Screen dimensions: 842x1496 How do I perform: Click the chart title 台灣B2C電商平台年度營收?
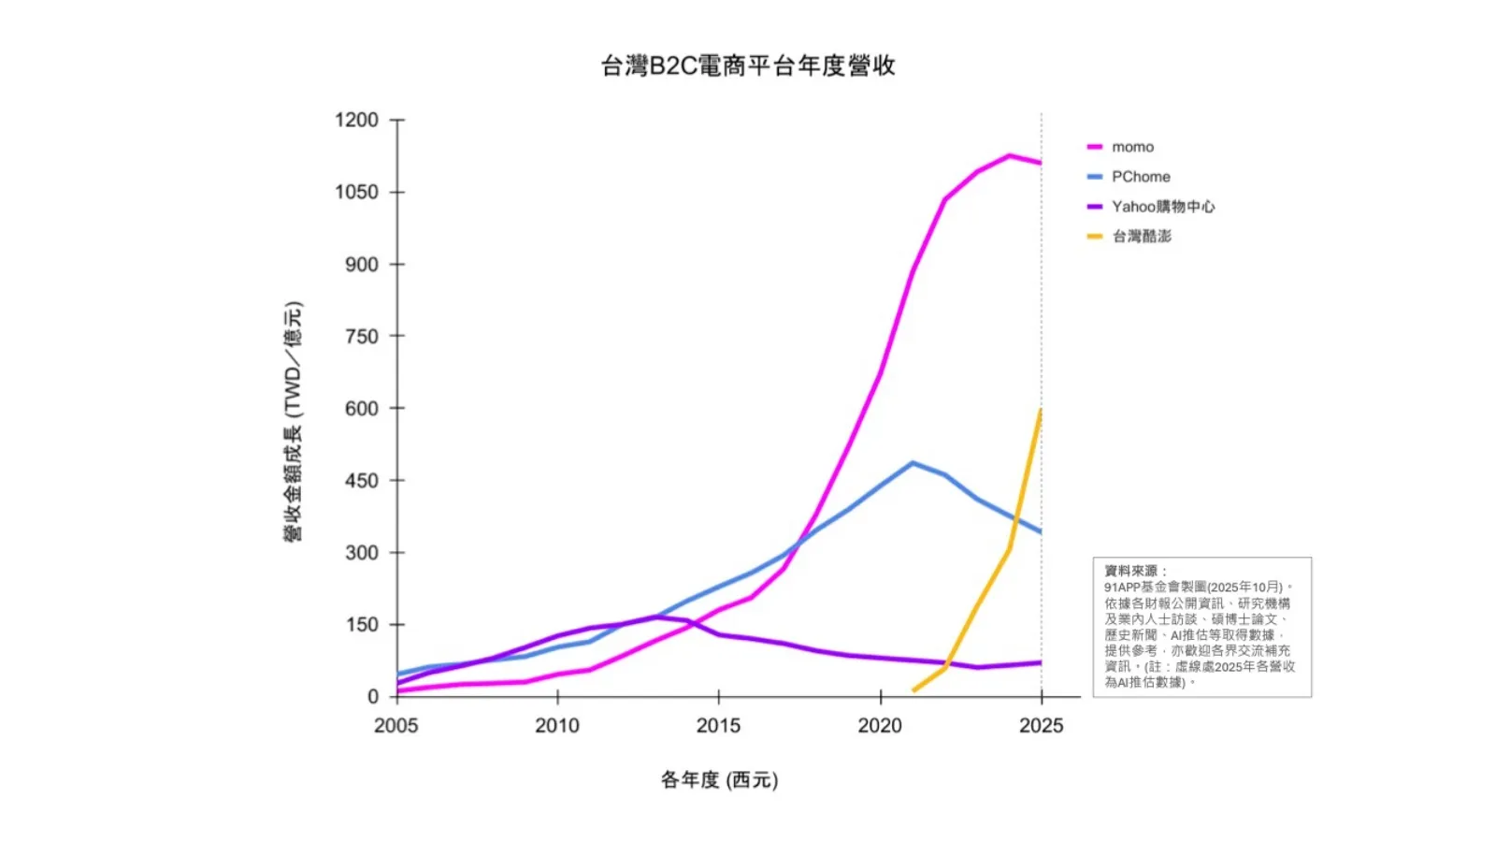[748, 65]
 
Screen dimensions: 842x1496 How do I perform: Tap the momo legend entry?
[1132, 147]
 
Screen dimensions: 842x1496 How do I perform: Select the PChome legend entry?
[1140, 177]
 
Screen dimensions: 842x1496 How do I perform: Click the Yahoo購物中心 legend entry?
[1162, 207]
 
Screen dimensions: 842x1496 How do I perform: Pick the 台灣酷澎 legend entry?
[1141, 237]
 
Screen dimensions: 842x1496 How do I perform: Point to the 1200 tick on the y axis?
[356, 120]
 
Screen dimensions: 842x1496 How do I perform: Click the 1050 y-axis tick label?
[356, 192]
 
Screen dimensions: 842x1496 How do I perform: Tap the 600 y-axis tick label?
[362, 408]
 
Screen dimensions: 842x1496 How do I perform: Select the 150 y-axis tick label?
[362, 624]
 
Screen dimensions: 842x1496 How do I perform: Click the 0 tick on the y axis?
[373, 697]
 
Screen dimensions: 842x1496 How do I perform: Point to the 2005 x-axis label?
[396, 726]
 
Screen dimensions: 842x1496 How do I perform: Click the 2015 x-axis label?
[718, 726]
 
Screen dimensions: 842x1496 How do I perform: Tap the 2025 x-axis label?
[1041, 726]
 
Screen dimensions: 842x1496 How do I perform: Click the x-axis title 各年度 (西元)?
[719, 779]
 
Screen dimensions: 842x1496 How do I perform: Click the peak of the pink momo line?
[1009, 155]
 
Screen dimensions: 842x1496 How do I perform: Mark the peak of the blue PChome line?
[913, 462]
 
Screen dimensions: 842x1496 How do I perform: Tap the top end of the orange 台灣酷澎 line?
[1041, 410]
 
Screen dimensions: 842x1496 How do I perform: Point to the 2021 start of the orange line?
[913, 690]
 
